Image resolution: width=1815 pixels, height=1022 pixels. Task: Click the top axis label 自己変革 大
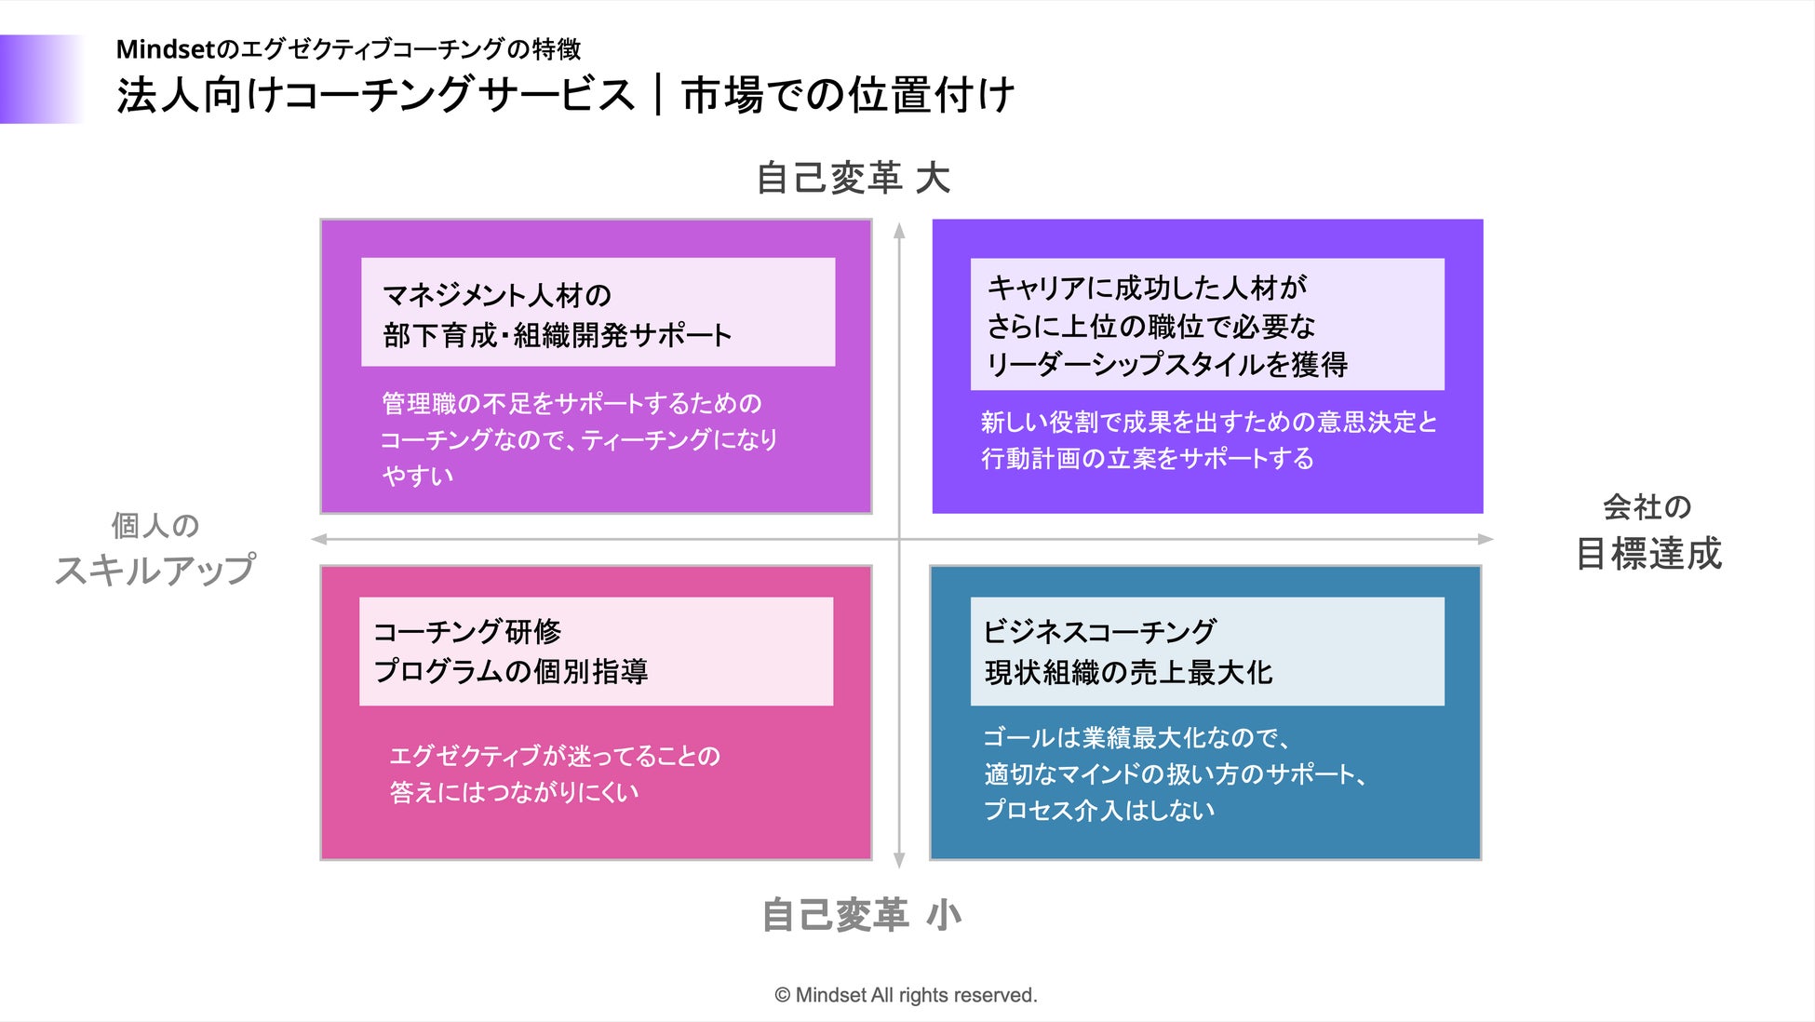click(x=853, y=178)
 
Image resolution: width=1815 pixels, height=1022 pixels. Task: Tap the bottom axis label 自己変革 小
click(x=861, y=915)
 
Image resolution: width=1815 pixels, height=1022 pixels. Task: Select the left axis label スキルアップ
click(x=155, y=570)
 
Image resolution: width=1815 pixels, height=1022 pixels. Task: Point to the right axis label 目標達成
click(x=1648, y=554)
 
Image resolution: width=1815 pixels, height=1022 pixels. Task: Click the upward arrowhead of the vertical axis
click(x=899, y=231)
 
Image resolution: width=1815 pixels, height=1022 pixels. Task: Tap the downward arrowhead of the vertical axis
click(x=899, y=860)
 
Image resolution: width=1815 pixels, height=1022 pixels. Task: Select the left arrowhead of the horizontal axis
click(x=319, y=539)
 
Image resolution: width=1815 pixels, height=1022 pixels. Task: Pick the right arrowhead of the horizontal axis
click(x=1486, y=539)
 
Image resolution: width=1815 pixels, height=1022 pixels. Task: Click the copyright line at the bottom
click(x=906, y=995)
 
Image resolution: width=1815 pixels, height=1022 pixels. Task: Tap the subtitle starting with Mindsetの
click(x=348, y=48)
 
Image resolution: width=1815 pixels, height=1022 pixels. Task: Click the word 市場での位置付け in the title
click(x=847, y=95)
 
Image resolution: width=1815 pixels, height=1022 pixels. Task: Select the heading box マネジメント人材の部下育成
click(x=598, y=313)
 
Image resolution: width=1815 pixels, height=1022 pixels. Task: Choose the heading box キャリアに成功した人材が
click(x=1206, y=324)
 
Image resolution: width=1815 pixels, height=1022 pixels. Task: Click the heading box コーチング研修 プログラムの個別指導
click(x=596, y=652)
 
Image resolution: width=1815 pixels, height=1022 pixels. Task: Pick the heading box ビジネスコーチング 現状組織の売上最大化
click(x=1206, y=652)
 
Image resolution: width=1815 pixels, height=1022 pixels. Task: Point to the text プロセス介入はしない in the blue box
click(x=1099, y=810)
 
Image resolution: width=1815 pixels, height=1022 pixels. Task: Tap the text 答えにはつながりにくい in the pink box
click(x=514, y=792)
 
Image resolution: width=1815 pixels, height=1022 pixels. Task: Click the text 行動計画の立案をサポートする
click(x=1147, y=458)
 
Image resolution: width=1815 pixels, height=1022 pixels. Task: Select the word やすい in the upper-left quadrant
click(x=418, y=476)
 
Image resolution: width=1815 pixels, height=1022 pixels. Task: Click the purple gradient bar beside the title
click(x=42, y=79)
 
